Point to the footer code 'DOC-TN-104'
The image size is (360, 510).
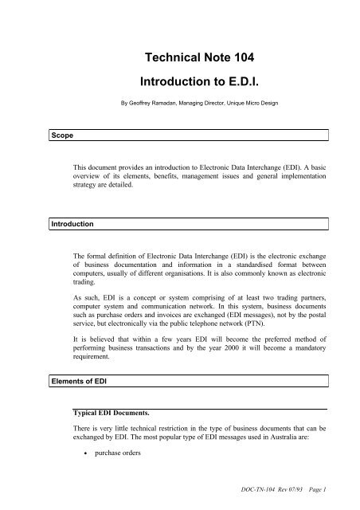coord(261,497)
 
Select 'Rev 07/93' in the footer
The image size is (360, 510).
coord(299,497)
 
